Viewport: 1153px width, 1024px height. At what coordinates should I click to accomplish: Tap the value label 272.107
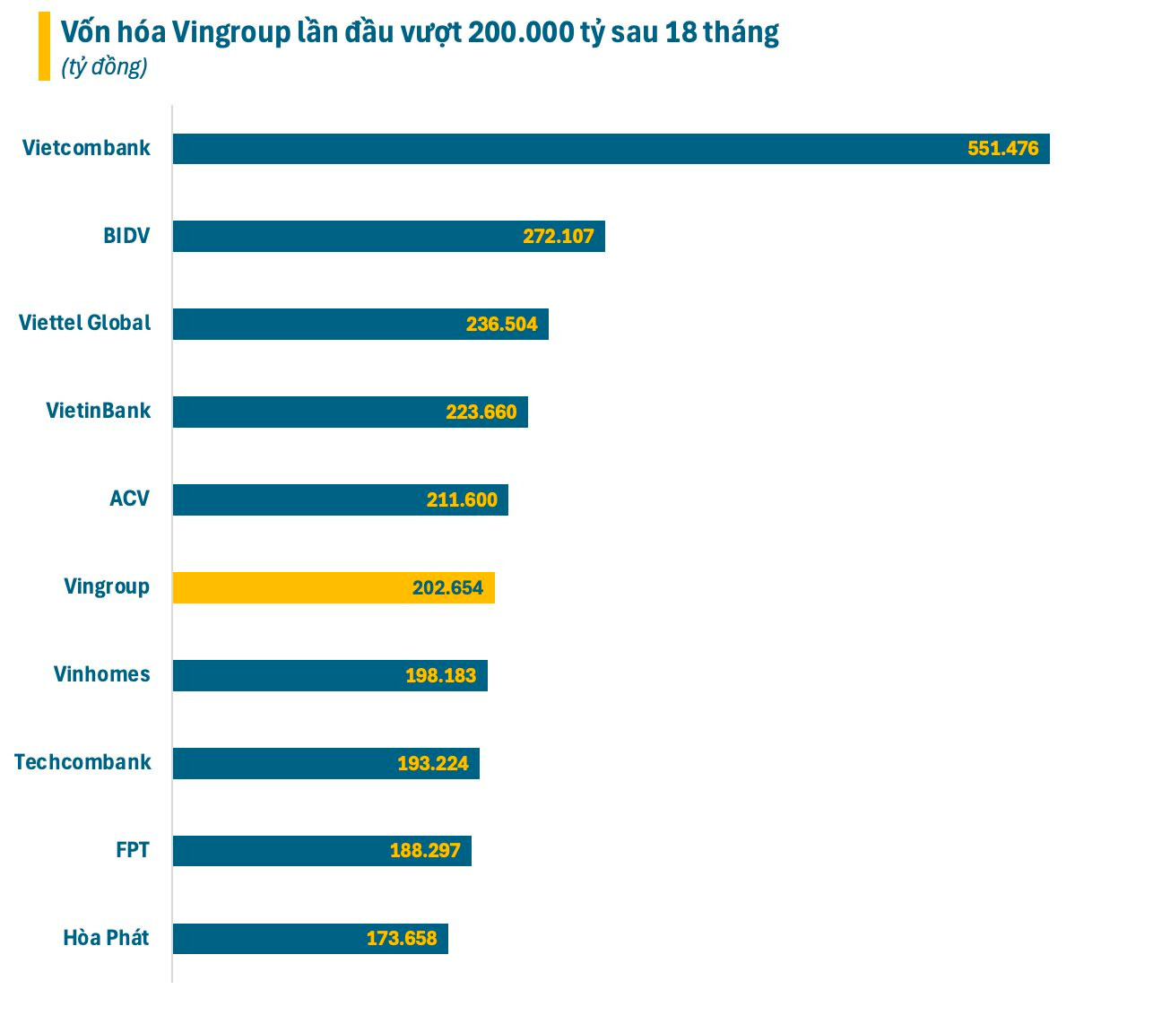559,237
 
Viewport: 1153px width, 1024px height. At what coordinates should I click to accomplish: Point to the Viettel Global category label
85,323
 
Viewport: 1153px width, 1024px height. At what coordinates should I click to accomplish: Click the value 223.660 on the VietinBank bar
481,412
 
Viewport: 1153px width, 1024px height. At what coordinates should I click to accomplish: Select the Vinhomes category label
101,674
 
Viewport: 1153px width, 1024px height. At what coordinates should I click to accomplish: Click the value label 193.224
433,764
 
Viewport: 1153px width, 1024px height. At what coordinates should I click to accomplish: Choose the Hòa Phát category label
106,938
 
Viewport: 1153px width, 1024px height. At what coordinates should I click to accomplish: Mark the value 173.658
402,939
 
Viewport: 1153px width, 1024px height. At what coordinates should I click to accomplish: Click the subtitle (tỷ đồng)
104,67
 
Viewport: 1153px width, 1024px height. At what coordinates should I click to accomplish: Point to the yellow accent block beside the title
44,47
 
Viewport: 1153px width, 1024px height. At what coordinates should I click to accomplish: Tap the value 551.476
1002,149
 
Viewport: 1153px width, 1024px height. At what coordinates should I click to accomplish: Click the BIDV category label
126,237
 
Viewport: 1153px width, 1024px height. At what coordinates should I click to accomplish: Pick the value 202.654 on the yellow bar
447,588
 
